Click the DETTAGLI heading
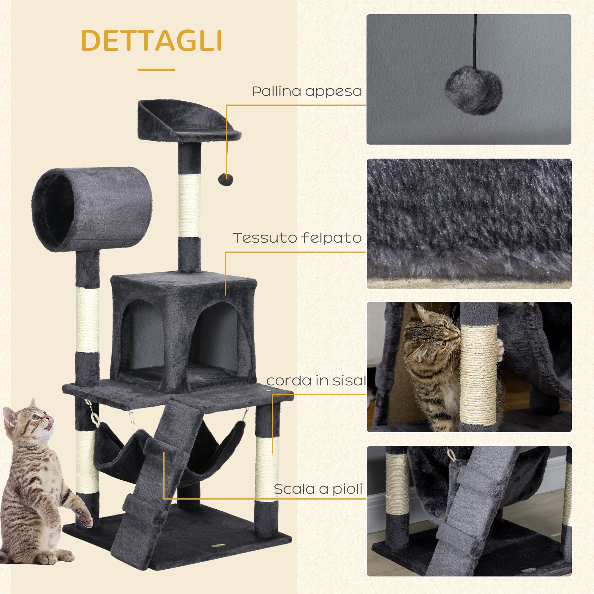click(151, 41)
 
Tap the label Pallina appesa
click(307, 91)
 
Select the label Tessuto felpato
click(297, 238)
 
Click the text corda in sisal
click(316, 381)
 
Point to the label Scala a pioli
click(318, 489)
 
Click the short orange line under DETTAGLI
click(156, 69)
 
